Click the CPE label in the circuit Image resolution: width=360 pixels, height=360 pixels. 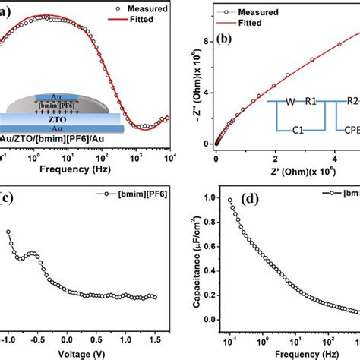pos(350,130)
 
